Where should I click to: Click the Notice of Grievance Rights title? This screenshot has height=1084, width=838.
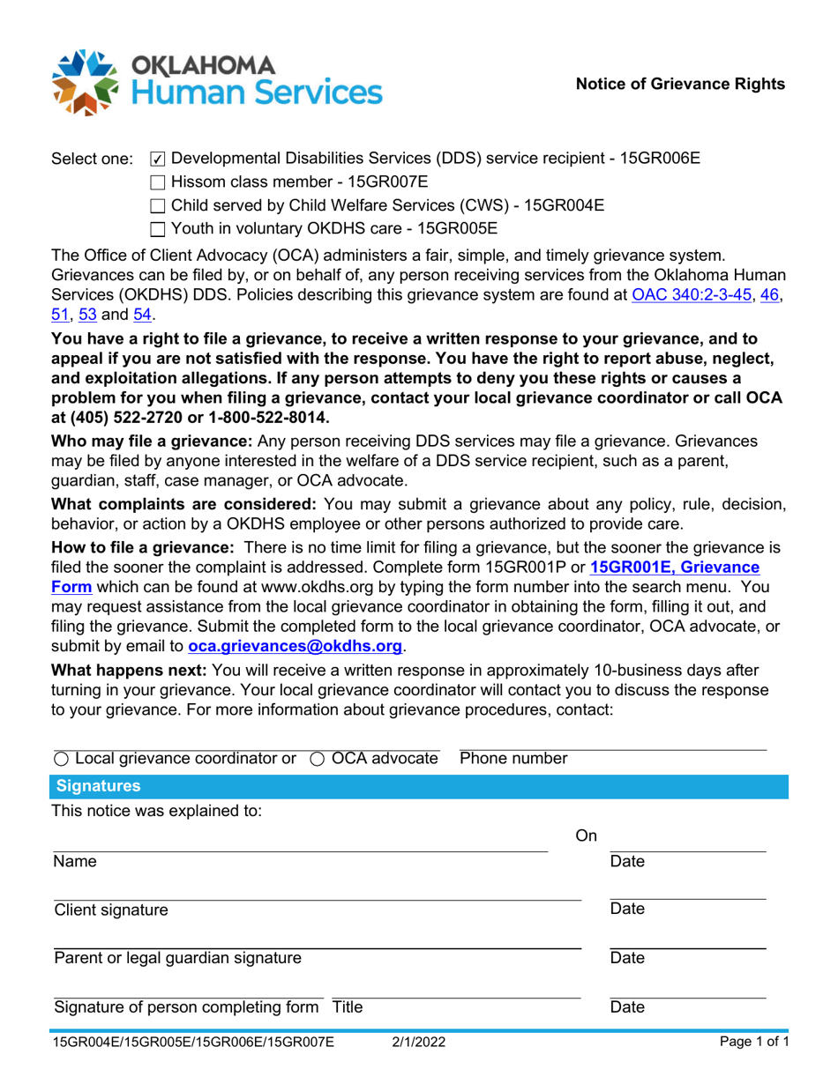pos(680,84)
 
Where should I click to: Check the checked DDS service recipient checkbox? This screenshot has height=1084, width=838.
pos(157,160)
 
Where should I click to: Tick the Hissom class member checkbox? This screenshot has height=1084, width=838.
pos(157,183)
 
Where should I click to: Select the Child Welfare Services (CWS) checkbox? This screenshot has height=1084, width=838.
pos(157,207)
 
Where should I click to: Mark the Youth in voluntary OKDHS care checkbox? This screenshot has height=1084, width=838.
pos(157,230)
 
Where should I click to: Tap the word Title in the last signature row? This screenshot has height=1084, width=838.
pos(347,1007)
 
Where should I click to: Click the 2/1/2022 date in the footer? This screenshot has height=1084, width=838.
pos(419,1044)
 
